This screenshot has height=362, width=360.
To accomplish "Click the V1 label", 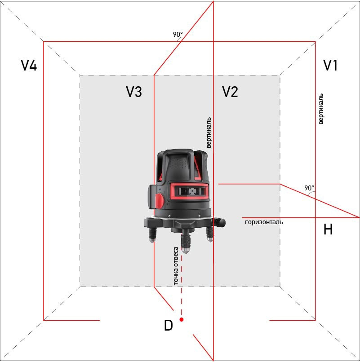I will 330,66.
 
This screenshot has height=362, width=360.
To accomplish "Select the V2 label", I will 230,92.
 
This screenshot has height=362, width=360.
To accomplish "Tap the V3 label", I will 134,92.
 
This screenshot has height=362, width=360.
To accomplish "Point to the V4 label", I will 29,66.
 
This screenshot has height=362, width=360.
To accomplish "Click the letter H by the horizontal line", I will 328,230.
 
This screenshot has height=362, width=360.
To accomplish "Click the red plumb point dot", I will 182,319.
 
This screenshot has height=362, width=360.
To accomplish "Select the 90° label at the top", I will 178,35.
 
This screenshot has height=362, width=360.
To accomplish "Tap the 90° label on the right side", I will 309,188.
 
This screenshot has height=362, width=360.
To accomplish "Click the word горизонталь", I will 264,222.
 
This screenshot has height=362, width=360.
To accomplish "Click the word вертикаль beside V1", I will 320,109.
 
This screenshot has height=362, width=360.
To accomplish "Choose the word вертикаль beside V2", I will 209,133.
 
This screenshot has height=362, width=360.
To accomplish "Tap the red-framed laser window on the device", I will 189,191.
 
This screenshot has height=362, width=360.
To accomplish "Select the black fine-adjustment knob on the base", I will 220,222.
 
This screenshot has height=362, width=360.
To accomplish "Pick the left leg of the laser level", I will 152,234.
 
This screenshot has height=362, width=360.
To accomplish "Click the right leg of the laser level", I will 210,234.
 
